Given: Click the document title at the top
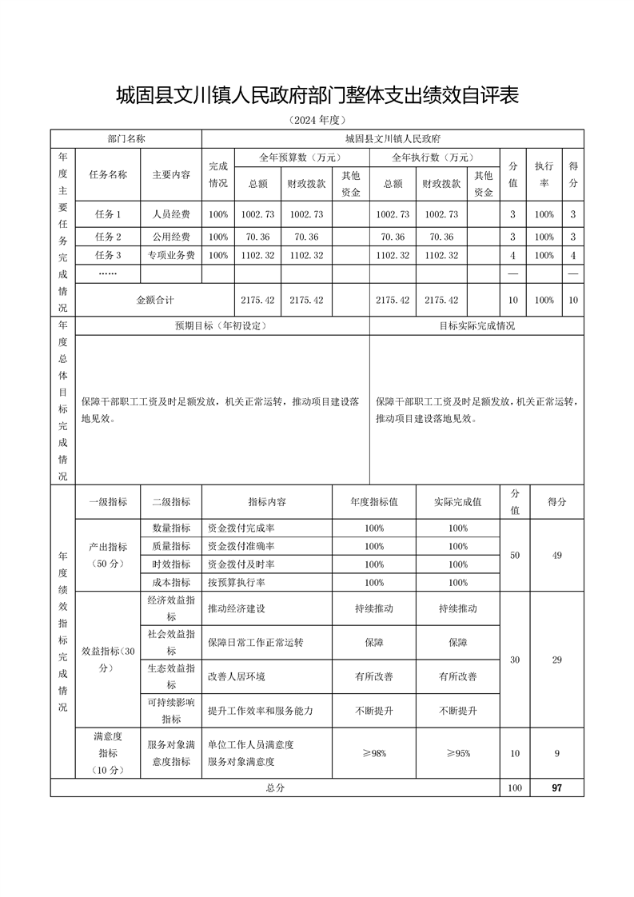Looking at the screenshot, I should pyautogui.click(x=317, y=97).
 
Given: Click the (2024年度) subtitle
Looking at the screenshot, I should pyautogui.click(x=317, y=121).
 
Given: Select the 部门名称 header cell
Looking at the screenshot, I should pyautogui.click(x=126, y=138).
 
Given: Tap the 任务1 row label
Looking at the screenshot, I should pyautogui.click(x=107, y=214).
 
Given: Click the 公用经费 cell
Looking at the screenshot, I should pyautogui.click(x=170, y=237).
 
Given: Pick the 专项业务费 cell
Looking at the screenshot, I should pyautogui.click(x=170, y=255).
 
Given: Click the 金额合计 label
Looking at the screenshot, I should pyautogui.click(x=154, y=300).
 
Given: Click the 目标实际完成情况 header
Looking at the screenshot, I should pyautogui.click(x=476, y=326).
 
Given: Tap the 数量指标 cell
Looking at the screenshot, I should pyautogui.click(x=170, y=528).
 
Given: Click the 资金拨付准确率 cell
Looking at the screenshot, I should pyautogui.click(x=241, y=546).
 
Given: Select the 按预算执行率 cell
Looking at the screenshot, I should pyautogui.click(x=236, y=583).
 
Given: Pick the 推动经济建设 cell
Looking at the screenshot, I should pyautogui.click(x=236, y=608).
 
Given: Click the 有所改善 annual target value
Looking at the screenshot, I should pyautogui.click(x=374, y=676).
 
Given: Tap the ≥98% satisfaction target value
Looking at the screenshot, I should pyautogui.click(x=374, y=753).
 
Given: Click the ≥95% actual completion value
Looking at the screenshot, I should pyautogui.click(x=457, y=753).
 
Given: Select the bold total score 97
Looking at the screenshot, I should pyautogui.click(x=556, y=787).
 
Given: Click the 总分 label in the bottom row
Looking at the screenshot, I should pyautogui.click(x=275, y=787).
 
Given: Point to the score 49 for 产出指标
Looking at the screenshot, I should pyautogui.click(x=556, y=556).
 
